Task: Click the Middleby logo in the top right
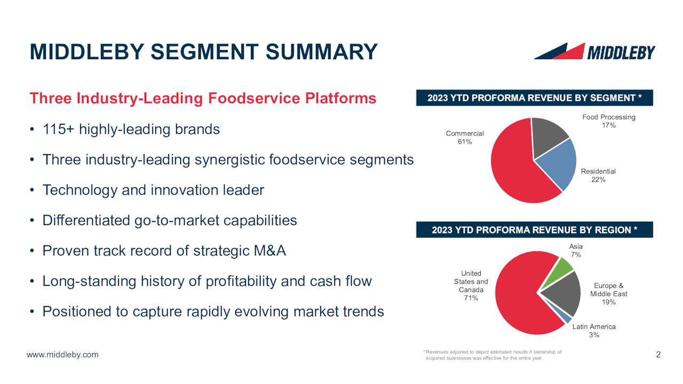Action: pyautogui.click(x=594, y=52)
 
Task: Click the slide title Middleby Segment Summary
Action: pyautogui.click(x=203, y=52)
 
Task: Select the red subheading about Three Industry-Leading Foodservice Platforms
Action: pyautogui.click(x=203, y=99)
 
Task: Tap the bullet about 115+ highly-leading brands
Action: pyautogui.click(x=131, y=130)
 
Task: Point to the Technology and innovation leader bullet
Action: pyautogui.click(x=153, y=190)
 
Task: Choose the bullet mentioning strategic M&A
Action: pyautogui.click(x=164, y=251)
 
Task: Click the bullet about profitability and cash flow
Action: pyautogui.click(x=207, y=281)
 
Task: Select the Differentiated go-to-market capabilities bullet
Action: pyautogui.click(x=170, y=220)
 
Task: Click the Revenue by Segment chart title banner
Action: pyautogui.click(x=534, y=98)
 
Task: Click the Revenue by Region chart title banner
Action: pyautogui.click(x=534, y=230)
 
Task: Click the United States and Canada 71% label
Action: pyautogui.click(x=471, y=286)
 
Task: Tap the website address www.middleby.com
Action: pyautogui.click(x=63, y=355)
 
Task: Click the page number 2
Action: pyautogui.click(x=658, y=355)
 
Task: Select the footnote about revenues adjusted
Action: pyautogui.click(x=491, y=355)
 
